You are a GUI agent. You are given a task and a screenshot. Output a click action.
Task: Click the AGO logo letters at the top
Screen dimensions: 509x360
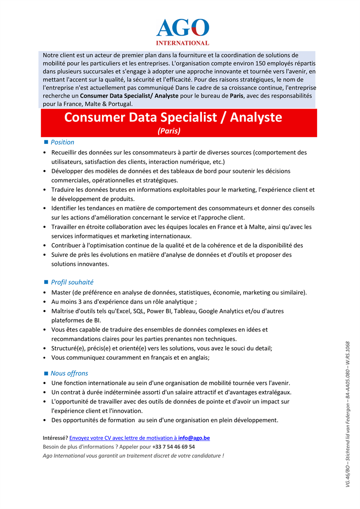[x=183, y=28]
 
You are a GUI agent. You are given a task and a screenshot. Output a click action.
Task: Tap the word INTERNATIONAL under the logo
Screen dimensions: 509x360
[x=183, y=43]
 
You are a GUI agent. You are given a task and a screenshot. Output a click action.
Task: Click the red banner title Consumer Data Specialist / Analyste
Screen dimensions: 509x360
[x=173, y=117]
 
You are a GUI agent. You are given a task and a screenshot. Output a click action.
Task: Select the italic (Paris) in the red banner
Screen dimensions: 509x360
[x=169, y=131]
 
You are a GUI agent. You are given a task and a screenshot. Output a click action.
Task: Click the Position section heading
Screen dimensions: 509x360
[x=62, y=142]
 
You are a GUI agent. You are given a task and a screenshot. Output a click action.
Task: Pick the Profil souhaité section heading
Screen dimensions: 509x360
[x=72, y=282]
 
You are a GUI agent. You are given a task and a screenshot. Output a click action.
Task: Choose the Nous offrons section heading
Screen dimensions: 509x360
[x=69, y=373]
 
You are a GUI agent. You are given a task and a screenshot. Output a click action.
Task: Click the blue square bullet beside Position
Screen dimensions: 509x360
[x=46, y=142]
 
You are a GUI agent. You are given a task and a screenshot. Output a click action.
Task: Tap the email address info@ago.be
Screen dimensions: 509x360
[x=194, y=438]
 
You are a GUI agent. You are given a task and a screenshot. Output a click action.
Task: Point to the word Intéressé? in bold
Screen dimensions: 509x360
[x=56, y=438]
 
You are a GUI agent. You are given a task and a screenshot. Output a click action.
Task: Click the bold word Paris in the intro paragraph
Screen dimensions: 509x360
[x=236, y=96]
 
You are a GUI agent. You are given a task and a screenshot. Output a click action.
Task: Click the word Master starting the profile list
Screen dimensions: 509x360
[x=61, y=292]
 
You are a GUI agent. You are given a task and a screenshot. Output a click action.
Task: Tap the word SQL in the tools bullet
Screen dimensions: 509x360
[x=139, y=311]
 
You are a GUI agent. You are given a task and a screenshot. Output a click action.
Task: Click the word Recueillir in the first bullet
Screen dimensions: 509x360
[x=65, y=152]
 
